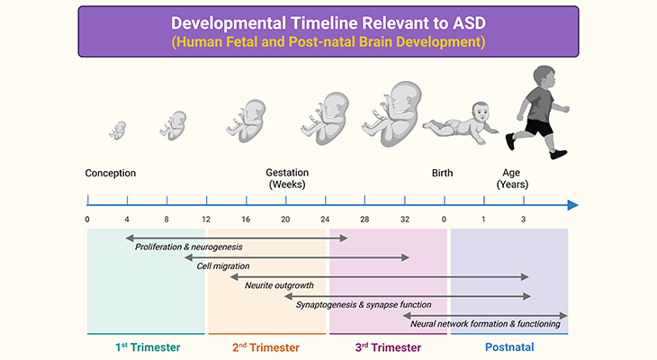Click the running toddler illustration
536,109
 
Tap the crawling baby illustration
463,127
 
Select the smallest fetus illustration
118,130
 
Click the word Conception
111,173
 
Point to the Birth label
443,173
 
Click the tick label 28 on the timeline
364,220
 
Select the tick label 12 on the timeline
206,220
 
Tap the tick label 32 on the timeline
404,220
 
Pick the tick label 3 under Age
523,220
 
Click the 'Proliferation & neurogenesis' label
189,247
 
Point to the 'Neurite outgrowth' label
279,286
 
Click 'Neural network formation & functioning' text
485,324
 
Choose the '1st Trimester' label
148,346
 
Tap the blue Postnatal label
509,346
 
